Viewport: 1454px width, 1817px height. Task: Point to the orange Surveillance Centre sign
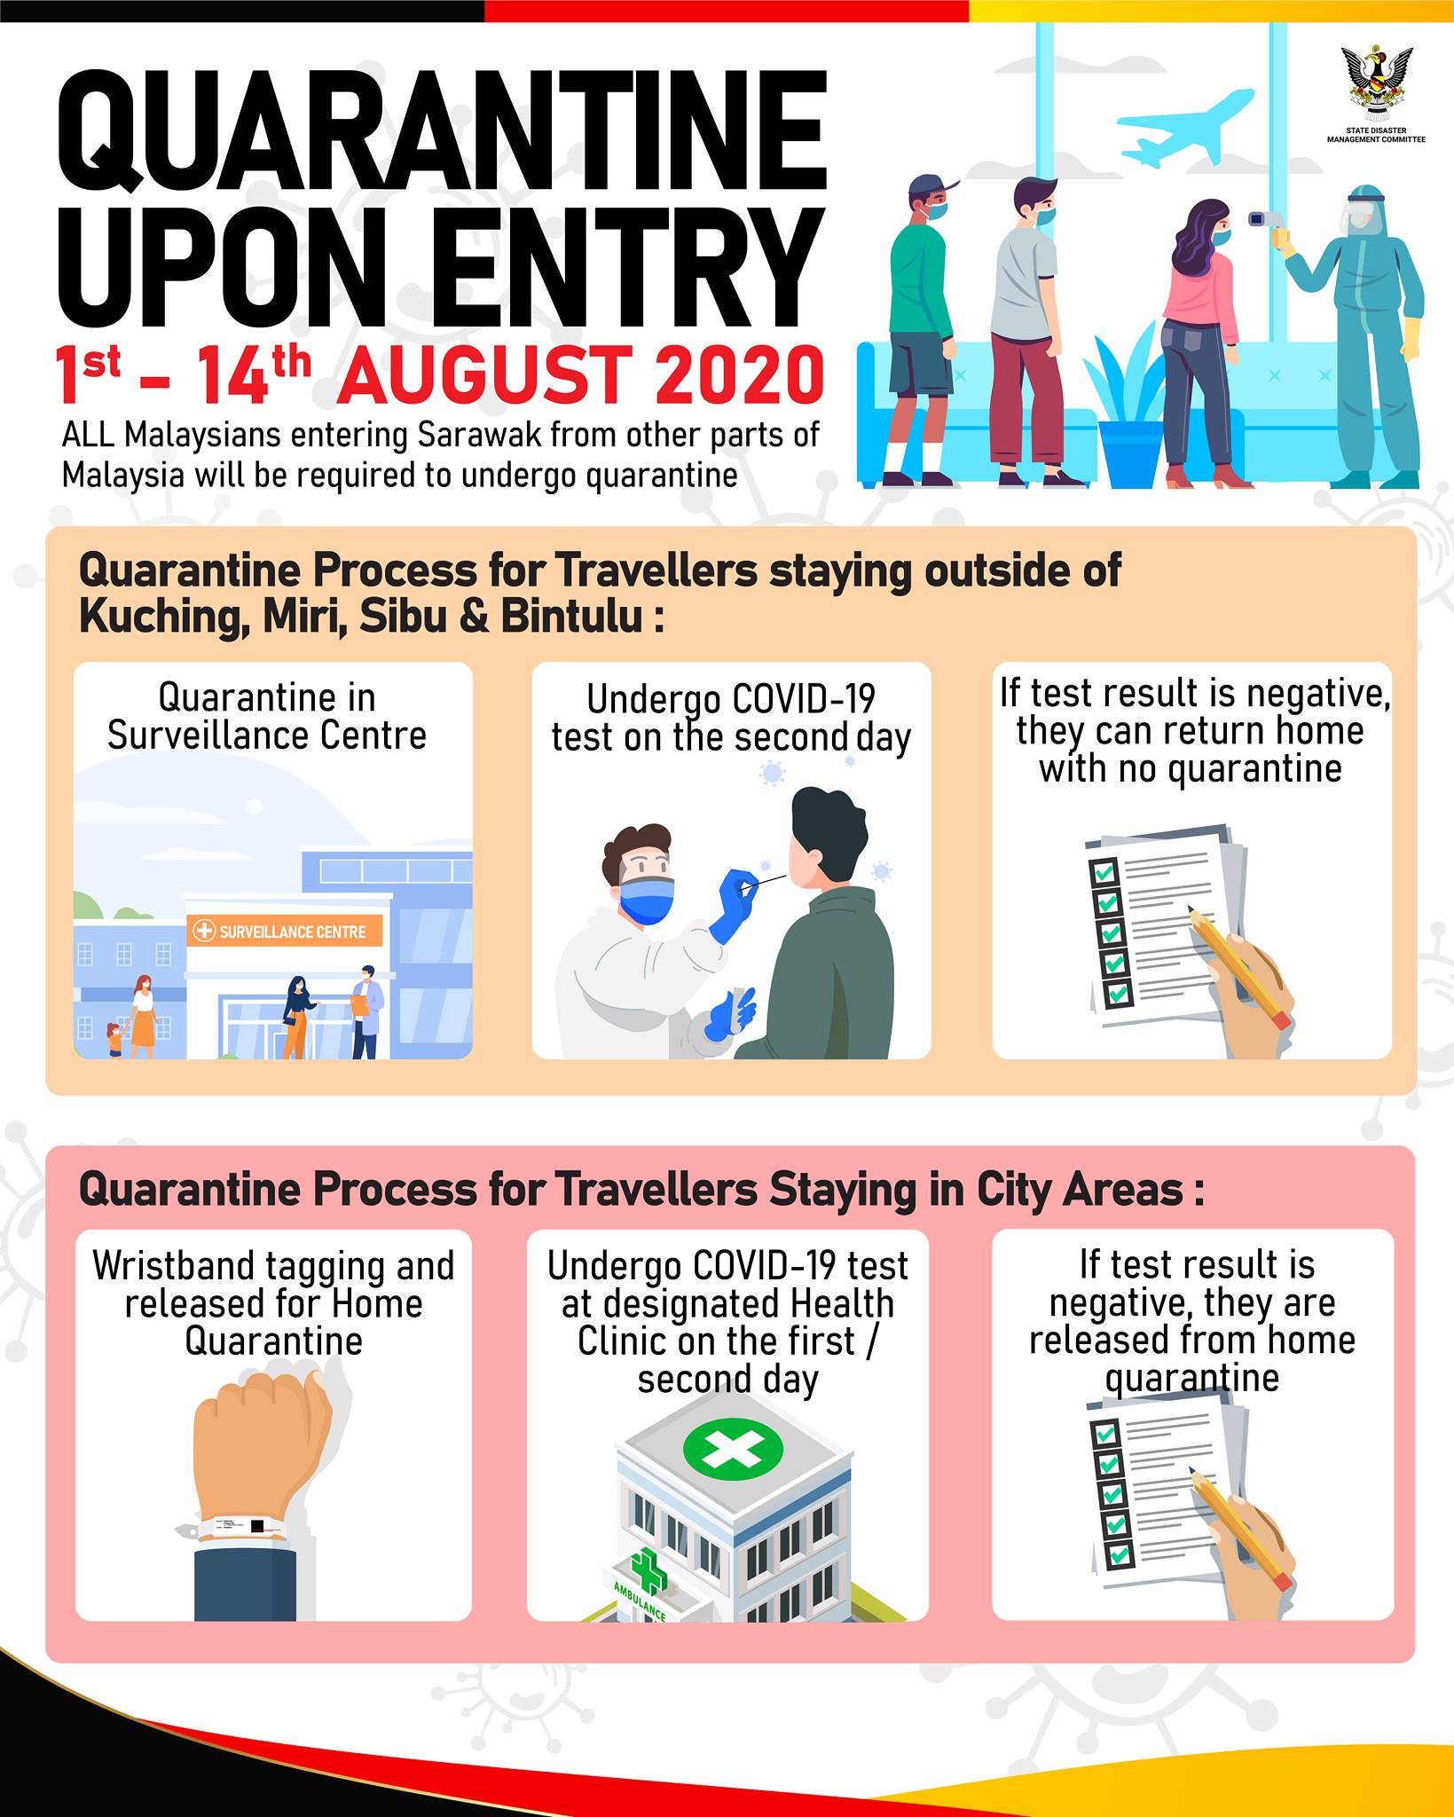[285, 932]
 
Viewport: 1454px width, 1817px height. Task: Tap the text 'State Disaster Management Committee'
[1376, 135]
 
